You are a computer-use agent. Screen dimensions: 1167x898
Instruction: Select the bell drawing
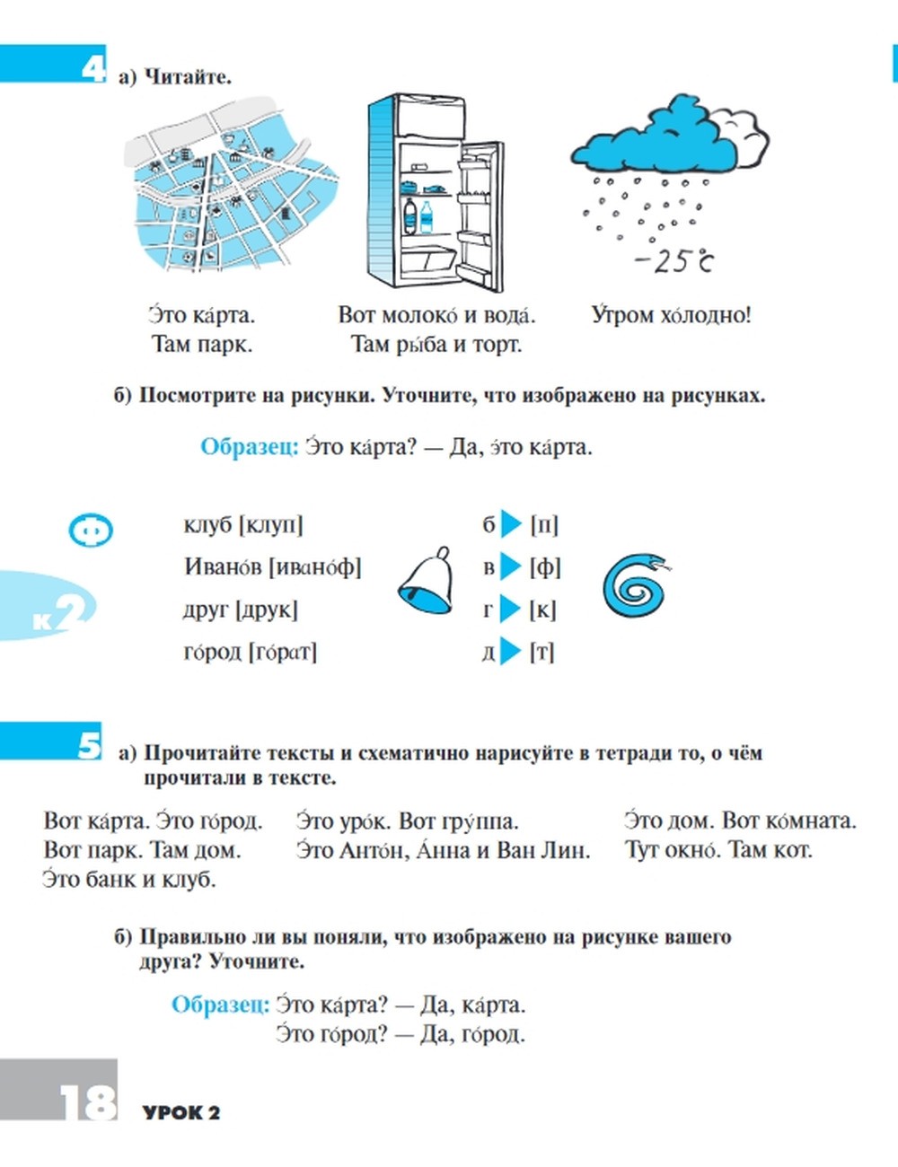(425, 582)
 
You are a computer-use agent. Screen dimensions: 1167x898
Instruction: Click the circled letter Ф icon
(91, 531)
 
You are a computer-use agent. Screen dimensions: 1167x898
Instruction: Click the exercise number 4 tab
(92, 67)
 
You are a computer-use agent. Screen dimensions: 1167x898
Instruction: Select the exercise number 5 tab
(88, 744)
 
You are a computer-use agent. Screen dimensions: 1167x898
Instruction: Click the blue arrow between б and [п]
(511, 523)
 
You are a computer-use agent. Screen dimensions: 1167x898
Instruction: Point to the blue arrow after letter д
(510, 651)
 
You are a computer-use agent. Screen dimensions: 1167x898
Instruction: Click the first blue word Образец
(249, 447)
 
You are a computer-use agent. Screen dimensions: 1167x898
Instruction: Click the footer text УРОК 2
(181, 1113)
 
